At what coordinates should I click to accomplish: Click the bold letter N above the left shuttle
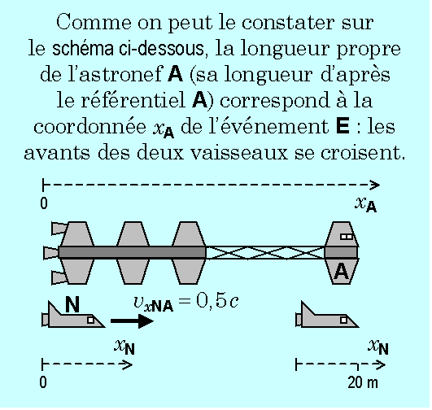coord(72,304)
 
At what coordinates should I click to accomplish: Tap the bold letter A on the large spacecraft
coord(341,272)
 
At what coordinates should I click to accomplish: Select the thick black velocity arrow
coord(132,321)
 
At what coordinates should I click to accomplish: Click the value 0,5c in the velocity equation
coord(217,301)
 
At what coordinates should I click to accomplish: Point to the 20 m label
coord(363,382)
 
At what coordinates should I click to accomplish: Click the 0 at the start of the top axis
coord(44,203)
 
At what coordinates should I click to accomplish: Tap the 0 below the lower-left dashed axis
coord(43,382)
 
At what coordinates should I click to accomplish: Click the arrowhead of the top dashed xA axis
coord(375,185)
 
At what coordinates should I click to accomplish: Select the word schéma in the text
coord(83,48)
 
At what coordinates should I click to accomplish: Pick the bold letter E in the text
coord(343,126)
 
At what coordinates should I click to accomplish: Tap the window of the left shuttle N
coord(90,320)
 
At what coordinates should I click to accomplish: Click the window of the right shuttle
coord(343,320)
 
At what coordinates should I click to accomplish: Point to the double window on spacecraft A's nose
coord(347,237)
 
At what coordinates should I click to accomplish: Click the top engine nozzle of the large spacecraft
coord(59,229)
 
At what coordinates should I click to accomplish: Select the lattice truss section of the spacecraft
coord(265,253)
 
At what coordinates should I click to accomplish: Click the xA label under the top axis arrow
coord(365,205)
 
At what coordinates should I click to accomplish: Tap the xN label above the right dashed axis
coord(378,347)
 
